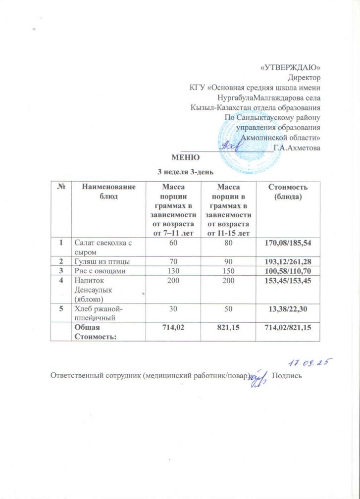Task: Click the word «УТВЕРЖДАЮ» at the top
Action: (x=291, y=68)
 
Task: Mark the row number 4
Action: (x=62, y=280)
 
